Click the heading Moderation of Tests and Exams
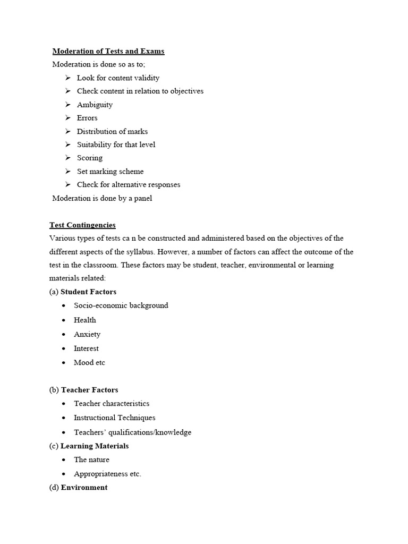(108, 51)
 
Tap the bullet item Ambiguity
(95, 105)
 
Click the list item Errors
(87, 118)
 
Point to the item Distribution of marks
(112, 131)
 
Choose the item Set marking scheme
(110, 171)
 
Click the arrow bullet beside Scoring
(67, 158)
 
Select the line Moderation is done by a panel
(102, 198)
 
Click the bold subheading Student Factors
(88, 292)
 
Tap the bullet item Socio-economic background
(121, 305)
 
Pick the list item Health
(85, 320)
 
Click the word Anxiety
(87, 334)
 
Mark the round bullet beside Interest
(63, 349)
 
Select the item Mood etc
(89, 362)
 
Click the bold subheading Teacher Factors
(89, 390)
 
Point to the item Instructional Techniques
(114, 418)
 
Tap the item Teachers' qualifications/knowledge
(132, 432)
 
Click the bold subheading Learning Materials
(95, 446)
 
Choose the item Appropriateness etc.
(107, 474)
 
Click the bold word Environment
(84, 487)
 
